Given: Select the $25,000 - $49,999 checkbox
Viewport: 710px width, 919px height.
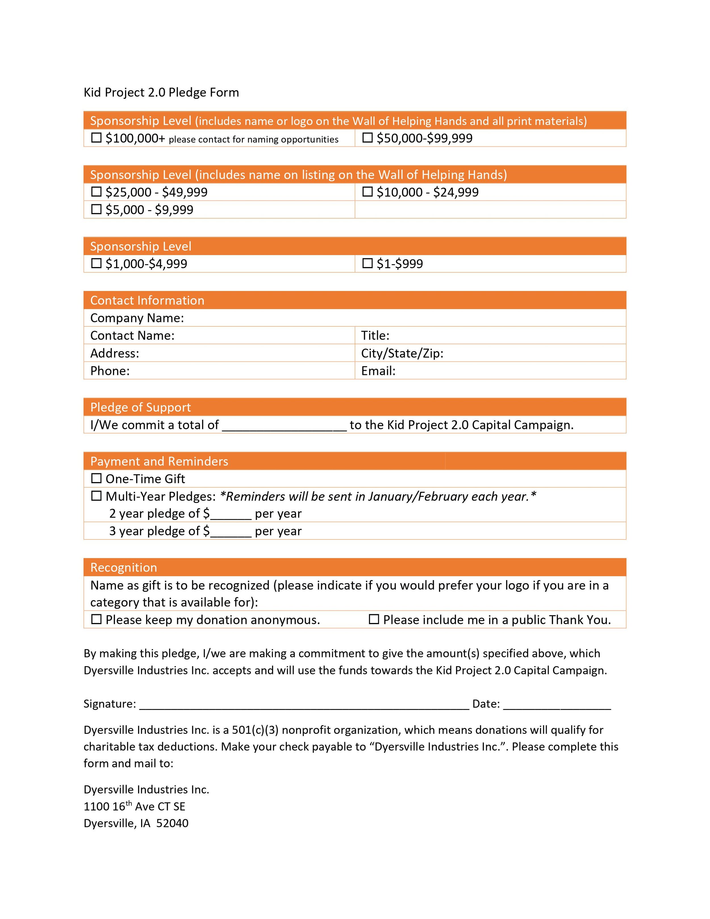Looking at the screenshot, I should click(x=96, y=192).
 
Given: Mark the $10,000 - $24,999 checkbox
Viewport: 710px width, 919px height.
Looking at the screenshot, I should click(x=367, y=192).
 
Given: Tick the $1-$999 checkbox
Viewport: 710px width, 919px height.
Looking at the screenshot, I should click(x=367, y=263).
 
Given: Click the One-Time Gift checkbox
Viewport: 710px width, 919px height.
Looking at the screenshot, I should click(x=96, y=478).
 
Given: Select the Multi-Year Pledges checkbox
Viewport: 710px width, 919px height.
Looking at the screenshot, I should click(x=96, y=496).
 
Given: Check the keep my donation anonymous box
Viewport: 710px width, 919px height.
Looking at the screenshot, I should click(x=96, y=619).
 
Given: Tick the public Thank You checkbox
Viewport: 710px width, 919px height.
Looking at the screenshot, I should click(x=373, y=619).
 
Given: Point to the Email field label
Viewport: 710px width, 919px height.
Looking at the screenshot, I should click(x=378, y=371).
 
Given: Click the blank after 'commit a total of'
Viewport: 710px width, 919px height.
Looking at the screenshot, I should click(x=284, y=426).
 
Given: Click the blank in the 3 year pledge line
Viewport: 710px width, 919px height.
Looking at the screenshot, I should click(x=231, y=532).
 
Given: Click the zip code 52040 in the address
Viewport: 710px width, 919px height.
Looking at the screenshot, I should click(x=172, y=824).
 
